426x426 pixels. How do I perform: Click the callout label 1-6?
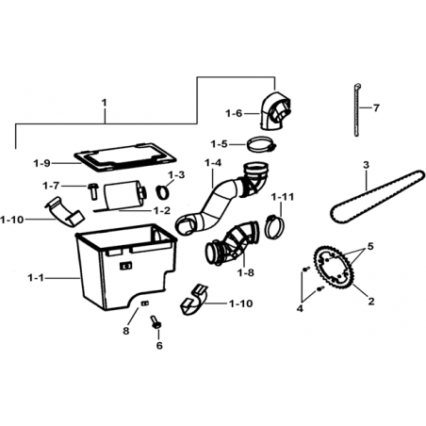pos(234,113)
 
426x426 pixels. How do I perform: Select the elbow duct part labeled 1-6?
pos(275,110)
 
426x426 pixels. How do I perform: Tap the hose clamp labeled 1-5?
pos(261,144)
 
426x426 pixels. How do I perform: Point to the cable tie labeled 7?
pos(357,109)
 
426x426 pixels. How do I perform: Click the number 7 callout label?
pos(376,108)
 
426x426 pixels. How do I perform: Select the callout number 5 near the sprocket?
pos(370,246)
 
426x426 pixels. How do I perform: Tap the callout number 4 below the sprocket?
pos(300,308)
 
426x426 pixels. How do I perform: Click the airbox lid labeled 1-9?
pos(124,157)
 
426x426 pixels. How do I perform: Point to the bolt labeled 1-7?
pos(92,191)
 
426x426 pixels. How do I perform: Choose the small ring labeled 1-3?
pos(163,192)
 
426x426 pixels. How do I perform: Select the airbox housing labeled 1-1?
pos(125,267)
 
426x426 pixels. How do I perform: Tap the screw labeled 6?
pos(156,322)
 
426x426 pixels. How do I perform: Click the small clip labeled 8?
pos(145,303)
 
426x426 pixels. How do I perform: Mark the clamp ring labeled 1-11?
pos(275,226)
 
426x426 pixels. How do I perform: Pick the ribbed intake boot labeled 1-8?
pos(233,245)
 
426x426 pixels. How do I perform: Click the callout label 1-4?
pos(213,163)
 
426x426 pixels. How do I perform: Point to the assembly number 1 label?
pos(105,103)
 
